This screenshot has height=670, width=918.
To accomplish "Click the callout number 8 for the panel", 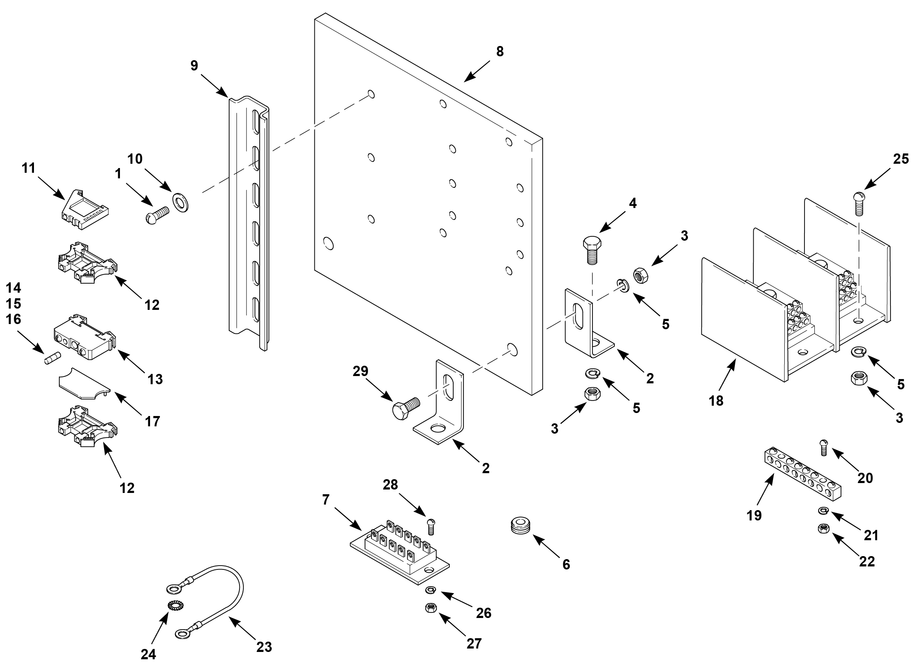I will pos(499,52).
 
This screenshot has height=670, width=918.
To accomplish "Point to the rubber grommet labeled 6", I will pos(520,527).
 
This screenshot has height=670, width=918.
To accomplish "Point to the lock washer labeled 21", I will pos(823,511).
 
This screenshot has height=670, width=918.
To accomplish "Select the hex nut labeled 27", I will pos(431,608).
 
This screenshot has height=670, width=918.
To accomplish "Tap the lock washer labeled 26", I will pos(430,590).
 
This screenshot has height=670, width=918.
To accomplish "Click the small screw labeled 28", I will pos(432,526).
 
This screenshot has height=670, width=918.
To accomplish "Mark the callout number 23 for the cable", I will pos(264,647).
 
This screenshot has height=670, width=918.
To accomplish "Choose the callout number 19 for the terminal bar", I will pos(754,515).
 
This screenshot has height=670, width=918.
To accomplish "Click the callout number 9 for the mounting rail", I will pos(194,65).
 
